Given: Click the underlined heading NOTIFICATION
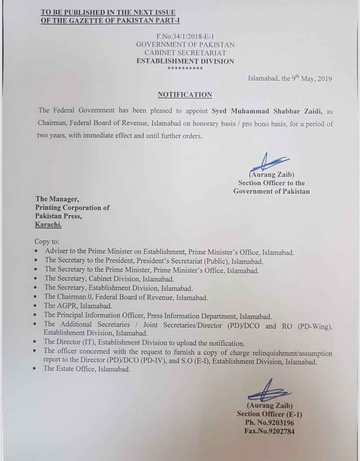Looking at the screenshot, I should pos(185,95).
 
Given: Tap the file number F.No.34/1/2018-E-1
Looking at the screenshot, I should pos(185,36).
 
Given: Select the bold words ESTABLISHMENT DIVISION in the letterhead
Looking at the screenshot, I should pos(185,61).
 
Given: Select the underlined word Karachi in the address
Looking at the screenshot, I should pos(48,225).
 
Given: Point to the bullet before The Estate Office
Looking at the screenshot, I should pos(35,369).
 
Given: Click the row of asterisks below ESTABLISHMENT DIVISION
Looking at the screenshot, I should pos(185,68).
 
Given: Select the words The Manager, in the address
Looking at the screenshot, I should pos(57,199).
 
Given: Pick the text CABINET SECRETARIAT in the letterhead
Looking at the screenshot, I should pos(185,53).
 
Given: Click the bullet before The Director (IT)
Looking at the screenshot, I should pos(35,342).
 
